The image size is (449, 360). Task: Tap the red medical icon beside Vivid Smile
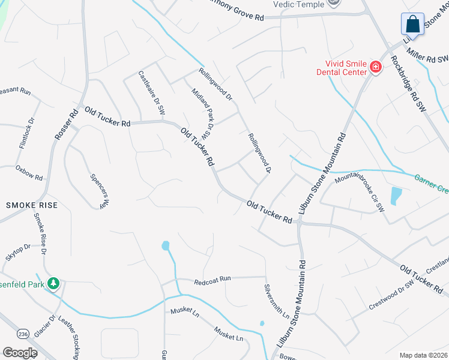click(x=376, y=67)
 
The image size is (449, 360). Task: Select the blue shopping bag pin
click(x=412, y=25)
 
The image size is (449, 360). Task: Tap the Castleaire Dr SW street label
click(x=152, y=92)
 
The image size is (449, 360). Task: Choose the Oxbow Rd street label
click(x=29, y=170)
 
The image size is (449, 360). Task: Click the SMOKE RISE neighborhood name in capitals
click(x=32, y=205)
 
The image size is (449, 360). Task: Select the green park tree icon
click(x=53, y=283)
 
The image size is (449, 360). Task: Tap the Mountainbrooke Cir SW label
click(x=359, y=191)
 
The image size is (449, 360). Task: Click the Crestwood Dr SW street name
click(x=391, y=295)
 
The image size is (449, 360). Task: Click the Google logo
click(x=20, y=353)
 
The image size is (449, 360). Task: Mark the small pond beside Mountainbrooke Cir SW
click(x=396, y=196)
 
